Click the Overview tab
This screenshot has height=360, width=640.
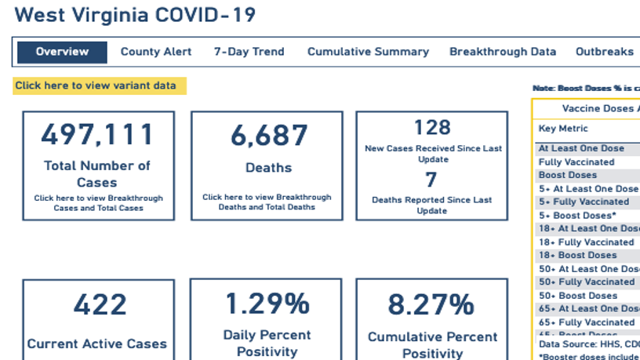[62, 52]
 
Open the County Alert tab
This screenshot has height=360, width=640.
[155, 52]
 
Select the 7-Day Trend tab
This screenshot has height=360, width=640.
[249, 52]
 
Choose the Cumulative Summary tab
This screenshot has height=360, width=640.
[368, 52]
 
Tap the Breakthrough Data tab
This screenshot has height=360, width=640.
[503, 52]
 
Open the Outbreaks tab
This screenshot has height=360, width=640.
[604, 52]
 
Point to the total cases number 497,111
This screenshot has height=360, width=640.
[98, 135]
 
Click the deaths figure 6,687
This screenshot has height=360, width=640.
[268, 135]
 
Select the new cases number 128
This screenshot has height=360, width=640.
[432, 127]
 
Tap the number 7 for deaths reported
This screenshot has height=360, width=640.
[432, 180]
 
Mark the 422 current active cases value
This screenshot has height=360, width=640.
[98, 304]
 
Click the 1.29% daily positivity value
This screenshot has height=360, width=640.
[268, 304]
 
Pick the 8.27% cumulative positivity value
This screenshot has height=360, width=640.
[432, 304]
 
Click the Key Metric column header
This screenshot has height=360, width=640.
[562, 129]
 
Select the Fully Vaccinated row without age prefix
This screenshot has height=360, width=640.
[576, 162]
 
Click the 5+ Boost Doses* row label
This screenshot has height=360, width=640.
[578, 215]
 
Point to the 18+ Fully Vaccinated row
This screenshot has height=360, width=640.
[586, 242]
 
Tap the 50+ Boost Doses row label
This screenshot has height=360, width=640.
[578, 296]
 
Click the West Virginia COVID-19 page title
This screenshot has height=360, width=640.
[135, 16]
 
